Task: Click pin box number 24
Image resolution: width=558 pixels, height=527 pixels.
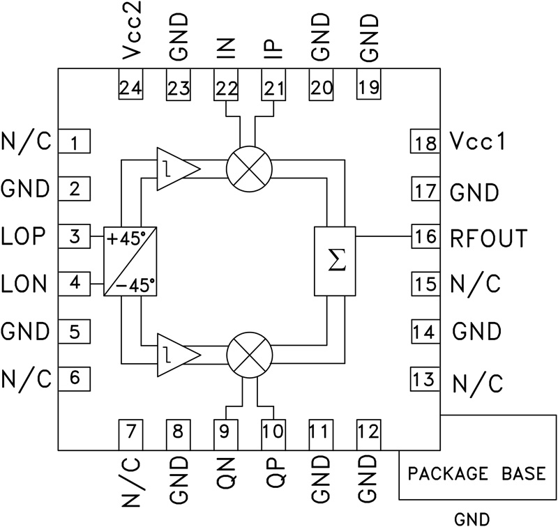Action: [x=130, y=87]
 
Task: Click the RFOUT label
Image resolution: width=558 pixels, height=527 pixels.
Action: [x=488, y=238]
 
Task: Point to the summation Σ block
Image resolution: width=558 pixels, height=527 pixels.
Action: [x=335, y=261]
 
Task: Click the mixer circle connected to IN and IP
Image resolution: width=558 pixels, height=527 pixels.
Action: [x=249, y=168]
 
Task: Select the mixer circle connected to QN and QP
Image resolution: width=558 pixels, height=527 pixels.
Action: [x=249, y=354]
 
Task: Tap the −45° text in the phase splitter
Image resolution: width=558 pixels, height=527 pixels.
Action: [x=137, y=284]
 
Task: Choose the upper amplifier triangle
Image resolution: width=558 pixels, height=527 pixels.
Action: [x=174, y=168]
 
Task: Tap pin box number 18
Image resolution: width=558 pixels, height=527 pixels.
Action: [x=423, y=144]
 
